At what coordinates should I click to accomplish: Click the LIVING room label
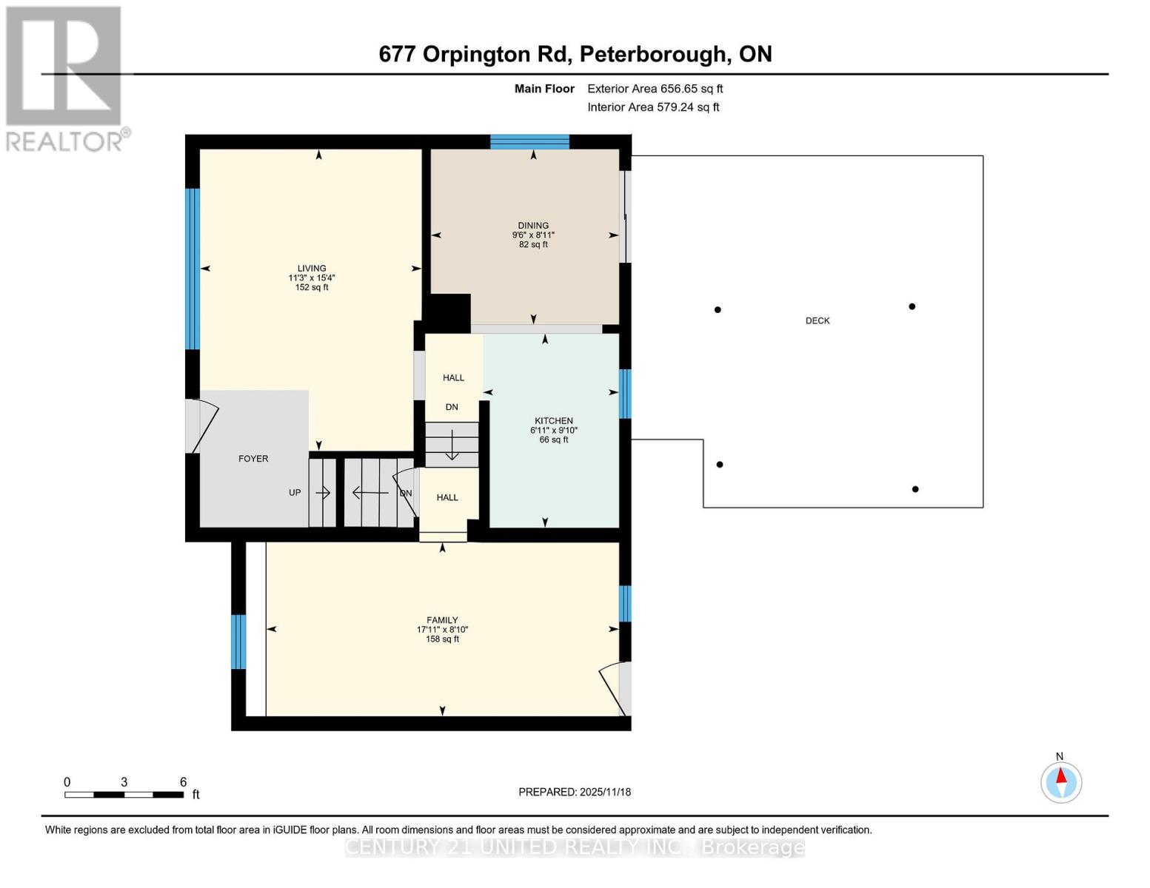click(x=311, y=269)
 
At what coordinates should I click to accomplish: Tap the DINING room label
click(x=533, y=226)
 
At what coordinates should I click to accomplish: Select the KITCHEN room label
click(x=554, y=420)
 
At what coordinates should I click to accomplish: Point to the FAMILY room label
click(x=442, y=620)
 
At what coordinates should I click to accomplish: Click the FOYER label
click(x=253, y=459)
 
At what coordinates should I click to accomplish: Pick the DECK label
click(x=818, y=320)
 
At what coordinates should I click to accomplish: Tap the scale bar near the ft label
click(x=124, y=794)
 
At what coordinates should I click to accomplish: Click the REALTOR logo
click(x=65, y=78)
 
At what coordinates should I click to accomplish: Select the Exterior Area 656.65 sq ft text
click(x=655, y=89)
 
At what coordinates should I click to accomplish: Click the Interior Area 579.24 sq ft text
click(x=653, y=107)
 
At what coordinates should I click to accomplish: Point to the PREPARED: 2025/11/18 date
click(x=575, y=792)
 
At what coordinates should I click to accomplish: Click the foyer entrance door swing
click(x=204, y=425)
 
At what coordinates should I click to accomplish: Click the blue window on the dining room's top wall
click(x=529, y=141)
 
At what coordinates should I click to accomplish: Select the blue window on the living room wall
click(x=193, y=268)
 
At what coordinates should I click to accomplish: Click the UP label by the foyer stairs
click(x=295, y=493)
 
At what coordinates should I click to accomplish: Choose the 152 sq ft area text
click(x=312, y=287)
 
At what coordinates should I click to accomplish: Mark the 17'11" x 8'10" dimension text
click(x=442, y=630)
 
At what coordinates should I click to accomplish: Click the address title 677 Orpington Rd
click(x=474, y=54)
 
